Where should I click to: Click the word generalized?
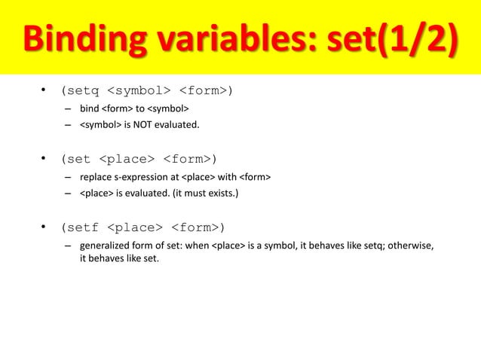(105, 246)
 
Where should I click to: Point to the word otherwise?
(410, 246)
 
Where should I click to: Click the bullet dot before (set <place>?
(44, 159)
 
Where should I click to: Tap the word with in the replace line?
(227, 177)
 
